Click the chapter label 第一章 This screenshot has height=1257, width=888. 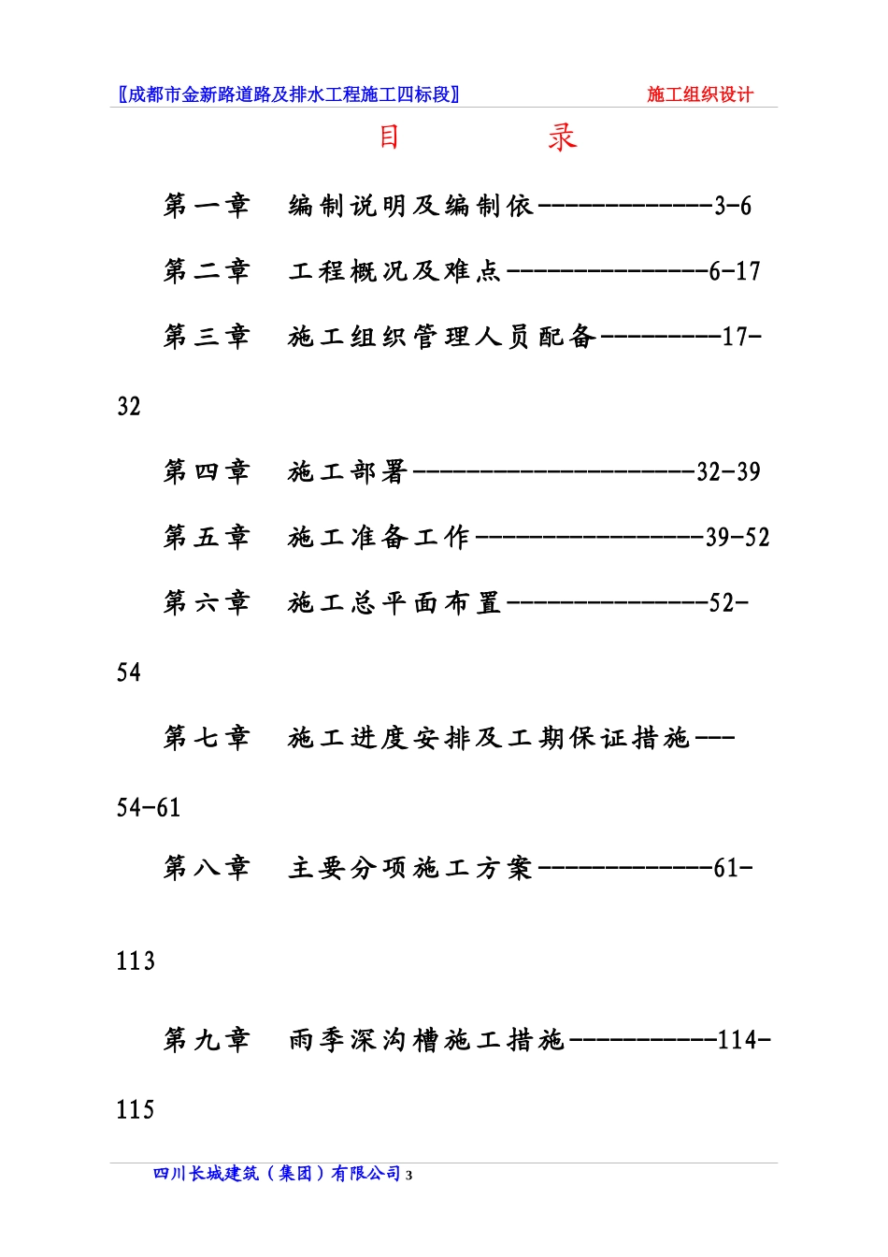[x=207, y=206]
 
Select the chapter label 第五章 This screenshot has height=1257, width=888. [x=207, y=537]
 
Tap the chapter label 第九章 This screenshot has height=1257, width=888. [x=207, y=1039]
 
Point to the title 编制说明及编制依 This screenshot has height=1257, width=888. [x=410, y=206]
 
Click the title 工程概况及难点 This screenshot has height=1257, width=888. [x=394, y=271]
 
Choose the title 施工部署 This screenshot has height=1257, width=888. [x=348, y=471]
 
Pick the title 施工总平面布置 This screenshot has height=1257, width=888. [x=394, y=602]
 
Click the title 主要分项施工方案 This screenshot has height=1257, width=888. [x=410, y=868]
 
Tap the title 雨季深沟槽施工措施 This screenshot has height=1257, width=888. [x=426, y=1039]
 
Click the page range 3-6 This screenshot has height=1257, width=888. [x=733, y=206]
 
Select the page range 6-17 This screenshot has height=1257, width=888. [x=735, y=271]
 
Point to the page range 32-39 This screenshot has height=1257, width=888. [x=728, y=471]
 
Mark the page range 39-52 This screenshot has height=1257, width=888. [x=738, y=537]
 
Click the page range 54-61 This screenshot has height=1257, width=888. [x=149, y=807]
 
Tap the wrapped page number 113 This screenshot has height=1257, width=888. [x=136, y=961]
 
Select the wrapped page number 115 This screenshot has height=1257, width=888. [x=136, y=1109]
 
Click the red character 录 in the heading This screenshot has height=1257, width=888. [x=562, y=137]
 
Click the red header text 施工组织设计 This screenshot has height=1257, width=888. [x=700, y=94]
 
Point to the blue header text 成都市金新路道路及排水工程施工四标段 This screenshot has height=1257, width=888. [x=289, y=94]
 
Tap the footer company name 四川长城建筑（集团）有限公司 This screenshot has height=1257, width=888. [x=278, y=1174]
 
